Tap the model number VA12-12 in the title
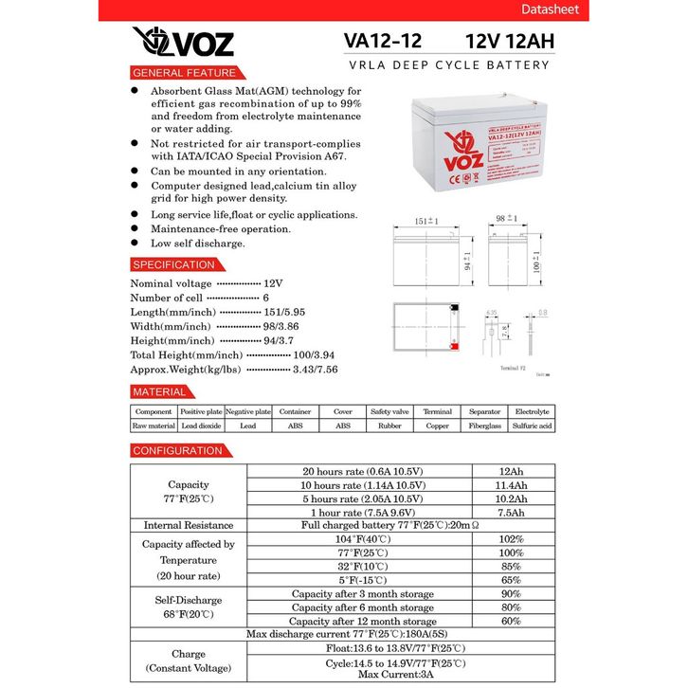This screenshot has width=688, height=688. (x=383, y=42)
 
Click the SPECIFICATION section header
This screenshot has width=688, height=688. (x=174, y=264)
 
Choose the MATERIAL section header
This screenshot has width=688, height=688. (x=160, y=391)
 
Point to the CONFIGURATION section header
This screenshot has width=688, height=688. (x=178, y=450)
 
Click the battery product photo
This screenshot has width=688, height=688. (x=474, y=154)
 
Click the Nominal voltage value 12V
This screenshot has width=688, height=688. (x=273, y=283)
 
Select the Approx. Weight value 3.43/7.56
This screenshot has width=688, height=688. (x=317, y=369)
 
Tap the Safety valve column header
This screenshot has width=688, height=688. (x=389, y=412)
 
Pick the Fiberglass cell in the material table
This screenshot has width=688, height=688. (x=484, y=426)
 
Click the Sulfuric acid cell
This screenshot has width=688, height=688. (x=532, y=426)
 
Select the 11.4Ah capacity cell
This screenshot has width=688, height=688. (x=512, y=485)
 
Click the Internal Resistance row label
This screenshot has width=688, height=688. (x=188, y=525)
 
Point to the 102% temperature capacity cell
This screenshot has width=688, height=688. (x=512, y=538)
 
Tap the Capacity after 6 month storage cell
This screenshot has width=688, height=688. (x=363, y=607)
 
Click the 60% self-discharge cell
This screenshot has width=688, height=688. (x=512, y=621)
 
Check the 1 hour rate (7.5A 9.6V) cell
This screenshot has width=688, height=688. (x=363, y=512)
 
